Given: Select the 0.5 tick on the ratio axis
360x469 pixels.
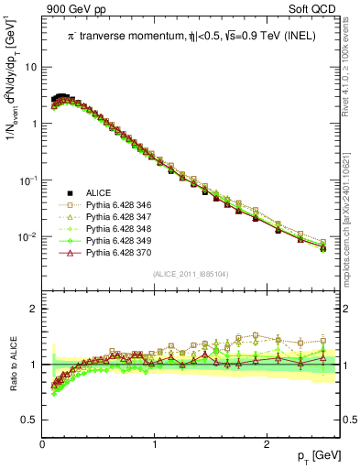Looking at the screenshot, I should click(30, 420).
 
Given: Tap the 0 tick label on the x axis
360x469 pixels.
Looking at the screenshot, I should click(43, 445).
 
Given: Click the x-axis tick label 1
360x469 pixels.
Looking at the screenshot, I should click(155, 445).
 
